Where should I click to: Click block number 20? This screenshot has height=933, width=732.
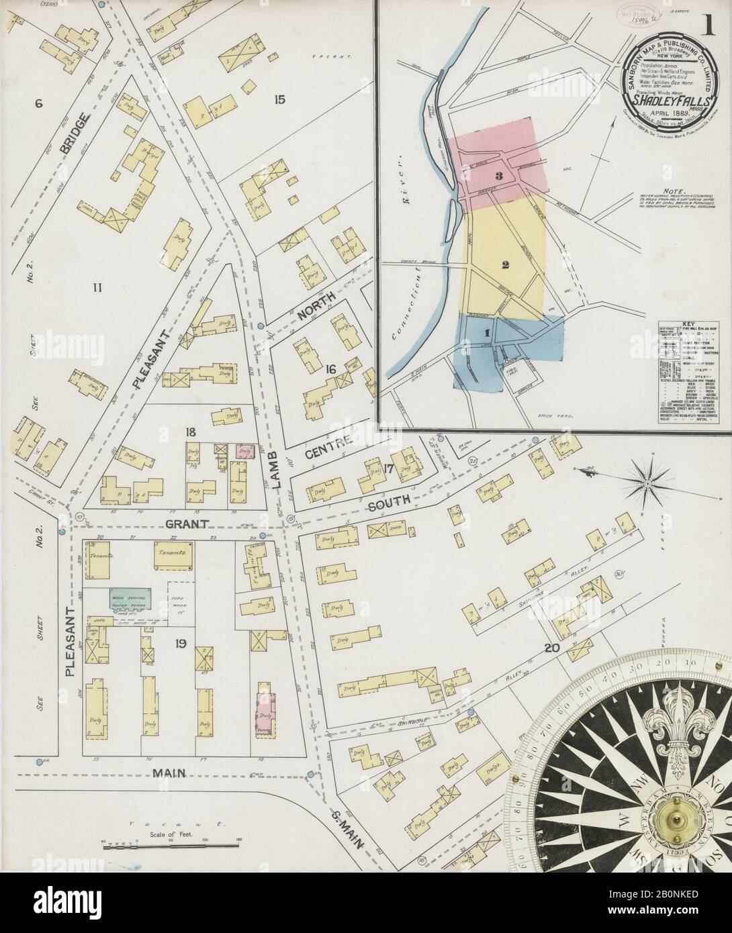(x=551, y=648)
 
